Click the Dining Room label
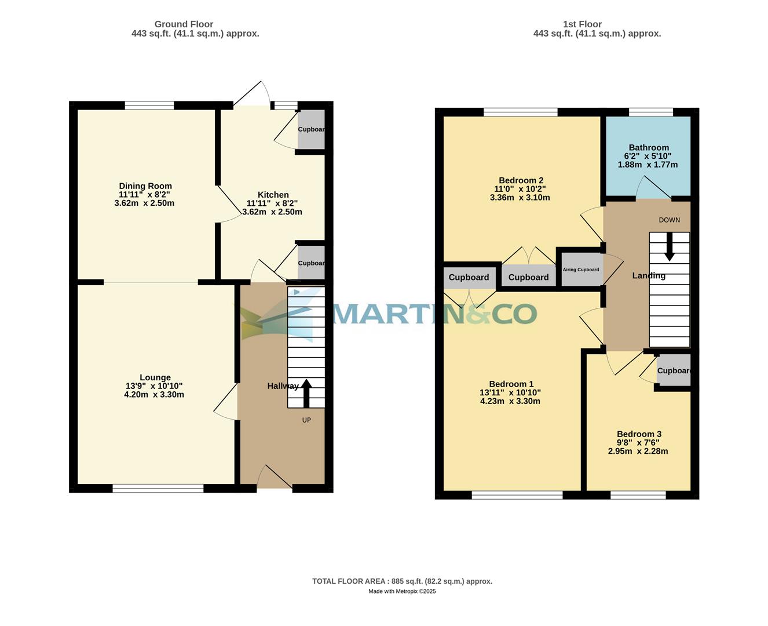145,186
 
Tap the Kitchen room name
273,195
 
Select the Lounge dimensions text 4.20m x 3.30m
154,395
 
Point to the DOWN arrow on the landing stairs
669,247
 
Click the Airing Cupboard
580,270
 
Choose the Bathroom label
649,148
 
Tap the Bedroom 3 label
639,434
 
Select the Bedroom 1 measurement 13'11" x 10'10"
510,392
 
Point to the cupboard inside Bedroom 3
674,371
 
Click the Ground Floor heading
184,24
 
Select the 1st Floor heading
582,24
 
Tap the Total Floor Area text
402,581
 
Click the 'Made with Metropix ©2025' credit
402,591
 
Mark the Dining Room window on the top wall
149,105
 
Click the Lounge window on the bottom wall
158,489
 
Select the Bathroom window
651,112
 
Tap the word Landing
648,276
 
